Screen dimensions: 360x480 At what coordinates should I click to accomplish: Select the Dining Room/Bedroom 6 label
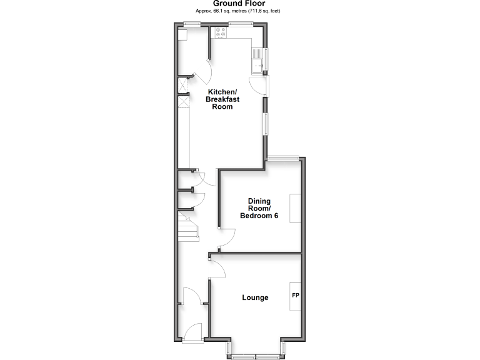(259, 208)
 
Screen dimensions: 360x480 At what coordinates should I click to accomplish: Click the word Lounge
(255, 297)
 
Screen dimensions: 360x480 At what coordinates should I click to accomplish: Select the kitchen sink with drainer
(257, 61)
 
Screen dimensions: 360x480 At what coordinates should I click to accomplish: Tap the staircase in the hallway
(187, 227)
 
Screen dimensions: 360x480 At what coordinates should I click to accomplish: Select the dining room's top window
(284, 157)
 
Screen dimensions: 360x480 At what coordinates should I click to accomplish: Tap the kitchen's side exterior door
(259, 86)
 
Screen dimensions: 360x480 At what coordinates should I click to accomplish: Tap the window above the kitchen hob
(241, 24)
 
